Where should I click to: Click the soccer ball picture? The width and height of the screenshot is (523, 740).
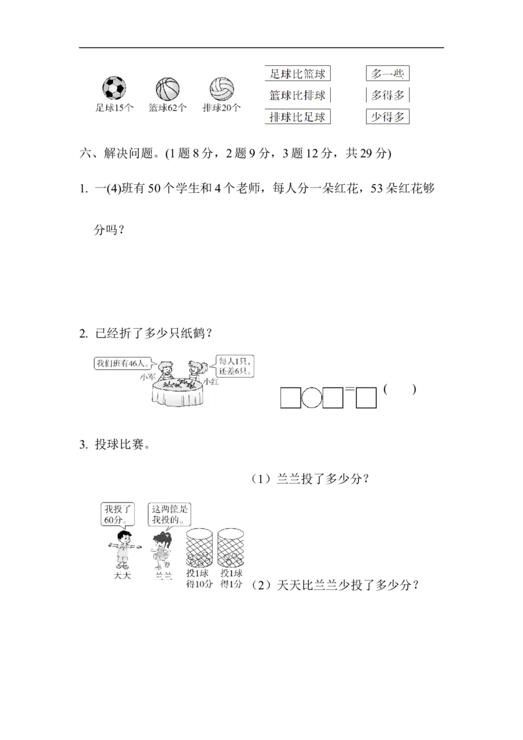click(114, 88)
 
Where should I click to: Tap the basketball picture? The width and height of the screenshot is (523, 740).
click(167, 89)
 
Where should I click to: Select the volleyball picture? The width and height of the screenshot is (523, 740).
click(222, 89)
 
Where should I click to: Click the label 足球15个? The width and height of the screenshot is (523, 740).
click(114, 108)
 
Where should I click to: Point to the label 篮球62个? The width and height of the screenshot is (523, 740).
click(167, 108)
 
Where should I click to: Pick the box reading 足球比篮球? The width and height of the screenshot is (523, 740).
click(297, 74)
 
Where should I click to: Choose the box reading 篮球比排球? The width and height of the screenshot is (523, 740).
click(297, 95)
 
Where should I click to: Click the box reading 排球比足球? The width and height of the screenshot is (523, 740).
click(297, 116)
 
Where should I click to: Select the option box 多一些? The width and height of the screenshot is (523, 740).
click(388, 74)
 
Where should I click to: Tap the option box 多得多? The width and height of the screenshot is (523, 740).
click(388, 95)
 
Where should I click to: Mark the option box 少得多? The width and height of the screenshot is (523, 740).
click(388, 116)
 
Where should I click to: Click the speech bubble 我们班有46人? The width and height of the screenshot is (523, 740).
click(124, 363)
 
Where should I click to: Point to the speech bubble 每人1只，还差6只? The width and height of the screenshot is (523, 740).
click(235, 366)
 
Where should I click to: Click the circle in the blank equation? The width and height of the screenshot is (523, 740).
click(312, 398)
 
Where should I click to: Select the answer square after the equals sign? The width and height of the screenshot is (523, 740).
click(366, 398)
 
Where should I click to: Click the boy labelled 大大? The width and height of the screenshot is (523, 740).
click(123, 549)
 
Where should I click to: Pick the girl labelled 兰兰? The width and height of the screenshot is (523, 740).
click(162, 550)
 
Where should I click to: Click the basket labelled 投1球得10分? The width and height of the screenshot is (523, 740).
click(199, 547)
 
